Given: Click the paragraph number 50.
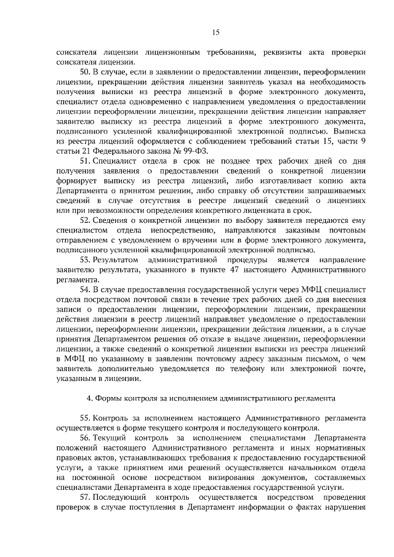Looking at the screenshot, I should click(86, 72).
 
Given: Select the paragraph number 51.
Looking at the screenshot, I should click(86, 161).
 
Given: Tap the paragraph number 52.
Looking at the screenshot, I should click(86, 220).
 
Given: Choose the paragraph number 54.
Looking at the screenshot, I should click(86, 288).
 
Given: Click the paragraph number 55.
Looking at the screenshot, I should click(86, 417).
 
